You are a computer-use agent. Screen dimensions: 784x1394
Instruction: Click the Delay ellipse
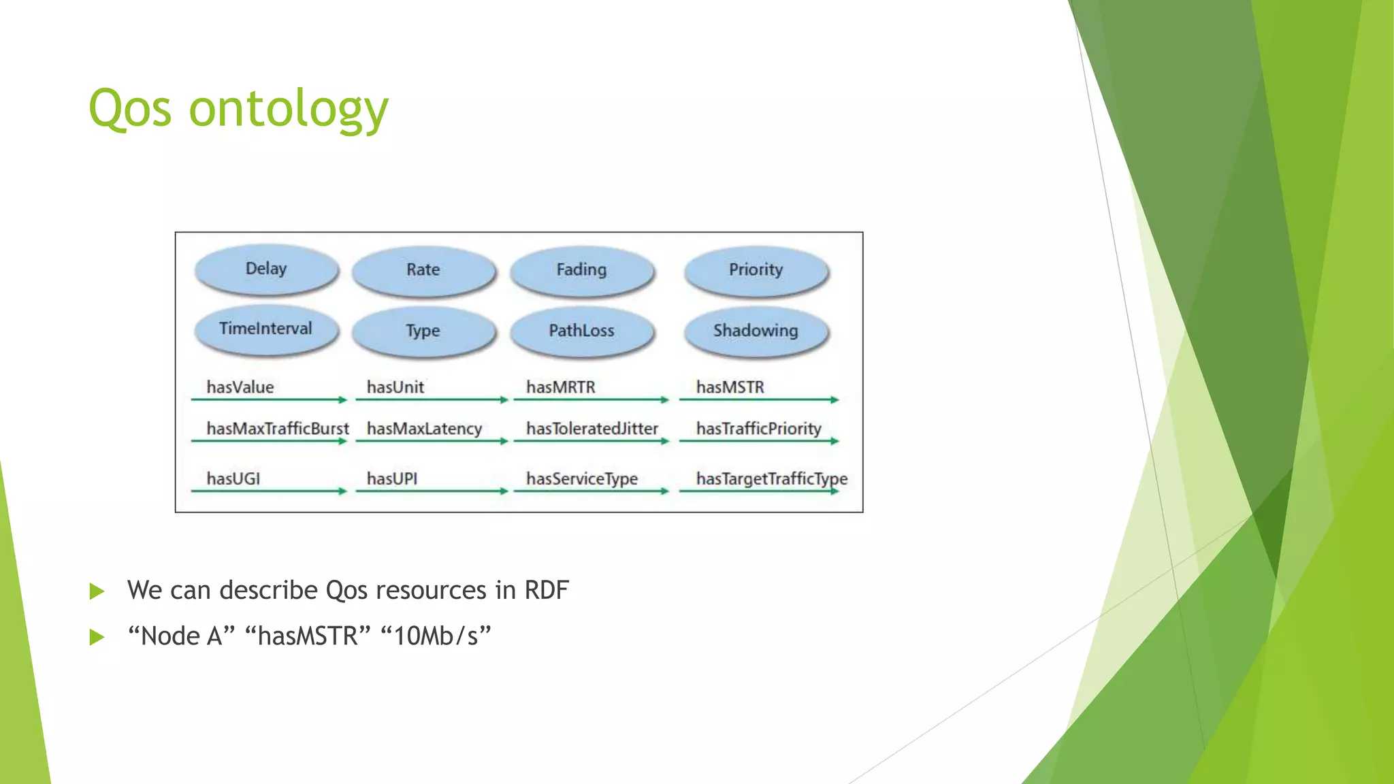[x=266, y=269]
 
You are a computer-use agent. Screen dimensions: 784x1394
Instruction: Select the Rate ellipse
[x=423, y=270]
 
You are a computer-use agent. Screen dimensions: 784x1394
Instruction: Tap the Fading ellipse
[x=581, y=270]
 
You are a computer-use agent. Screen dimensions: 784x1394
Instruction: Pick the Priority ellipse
[x=756, y=270]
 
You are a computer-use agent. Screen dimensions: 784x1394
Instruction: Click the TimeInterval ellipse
[x=266, y=329]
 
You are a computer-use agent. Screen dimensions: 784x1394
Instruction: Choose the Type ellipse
[x=423, y=331]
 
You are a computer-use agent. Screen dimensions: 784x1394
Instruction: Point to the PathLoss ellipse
[x=581, y=331]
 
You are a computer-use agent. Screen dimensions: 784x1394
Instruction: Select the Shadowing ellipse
[x=756, y=331]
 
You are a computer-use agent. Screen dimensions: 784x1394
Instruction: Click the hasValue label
[x=240, y=387]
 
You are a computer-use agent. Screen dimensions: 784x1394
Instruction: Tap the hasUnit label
[x=395, y=387]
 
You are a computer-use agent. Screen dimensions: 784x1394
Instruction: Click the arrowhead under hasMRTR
[x=665, y=400]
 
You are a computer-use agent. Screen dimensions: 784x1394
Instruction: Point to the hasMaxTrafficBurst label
[x=277, y=429]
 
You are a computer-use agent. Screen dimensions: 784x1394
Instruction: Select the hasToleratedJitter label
[x=591, y=429]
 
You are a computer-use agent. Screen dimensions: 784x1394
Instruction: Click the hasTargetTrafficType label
[x=771, y=479]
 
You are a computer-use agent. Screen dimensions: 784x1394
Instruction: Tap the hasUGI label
[x=233, y=479]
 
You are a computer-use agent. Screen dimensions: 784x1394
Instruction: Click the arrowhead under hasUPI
[x=504, y=491]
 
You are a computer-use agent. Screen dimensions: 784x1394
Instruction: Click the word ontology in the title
[x=288, y=109]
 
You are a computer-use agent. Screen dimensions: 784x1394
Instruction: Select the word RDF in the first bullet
[x=546, y=590]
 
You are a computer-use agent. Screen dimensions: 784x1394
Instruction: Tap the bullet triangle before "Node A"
[x=97, y=638]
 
